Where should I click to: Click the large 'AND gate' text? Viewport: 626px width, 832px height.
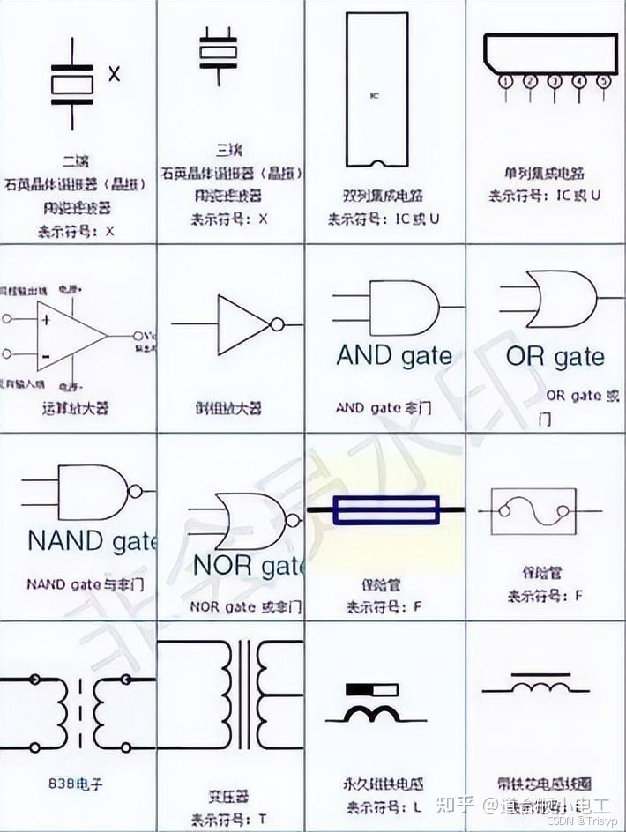393,356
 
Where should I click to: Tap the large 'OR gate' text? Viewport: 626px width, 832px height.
555,357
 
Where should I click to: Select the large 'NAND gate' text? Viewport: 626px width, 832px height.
92,539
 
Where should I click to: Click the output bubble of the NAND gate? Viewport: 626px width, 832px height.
135,492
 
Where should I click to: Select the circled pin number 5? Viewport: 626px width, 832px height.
604,81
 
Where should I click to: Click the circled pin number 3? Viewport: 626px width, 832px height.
555,81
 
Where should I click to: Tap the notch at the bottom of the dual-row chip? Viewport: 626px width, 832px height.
378,164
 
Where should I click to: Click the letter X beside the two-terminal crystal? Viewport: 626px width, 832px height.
114,75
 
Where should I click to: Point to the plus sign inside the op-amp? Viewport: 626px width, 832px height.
44,318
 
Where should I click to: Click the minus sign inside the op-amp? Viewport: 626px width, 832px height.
44,355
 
